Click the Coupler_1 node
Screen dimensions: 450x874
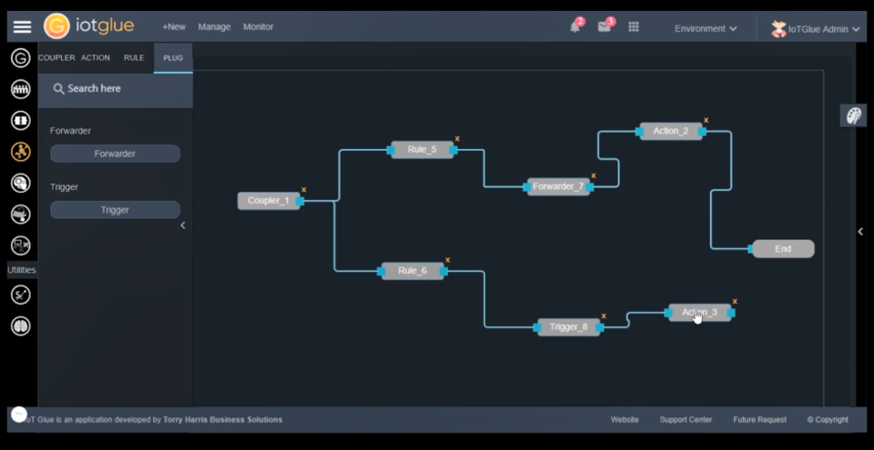click(269, 201)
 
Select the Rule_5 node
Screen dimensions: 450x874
click(422, 149)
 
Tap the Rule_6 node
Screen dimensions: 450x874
click(412, 271)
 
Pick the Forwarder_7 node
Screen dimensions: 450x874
click(558, 186)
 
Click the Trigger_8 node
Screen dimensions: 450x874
click(568, 327)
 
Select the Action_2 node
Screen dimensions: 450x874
click(670, 131)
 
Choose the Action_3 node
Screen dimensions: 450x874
click(699, 313)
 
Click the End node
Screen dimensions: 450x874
click(783, 248)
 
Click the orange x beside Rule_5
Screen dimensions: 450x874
click(457, 139)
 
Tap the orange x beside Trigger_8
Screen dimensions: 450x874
click(604, 316)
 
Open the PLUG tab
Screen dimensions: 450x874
click(173, 58)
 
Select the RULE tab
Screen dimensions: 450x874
click(134, 58)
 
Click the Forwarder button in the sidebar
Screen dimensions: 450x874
click(115, 154)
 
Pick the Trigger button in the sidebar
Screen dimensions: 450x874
click(115, 210)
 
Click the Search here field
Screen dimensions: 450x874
click(116, 89)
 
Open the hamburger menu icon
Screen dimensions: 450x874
click(22, 27)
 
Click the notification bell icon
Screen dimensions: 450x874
click(574, 27)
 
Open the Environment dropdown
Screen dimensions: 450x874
click(706, 28)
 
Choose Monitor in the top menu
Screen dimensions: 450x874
click(258, 27)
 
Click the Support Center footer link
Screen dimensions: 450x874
click(686, 420)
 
